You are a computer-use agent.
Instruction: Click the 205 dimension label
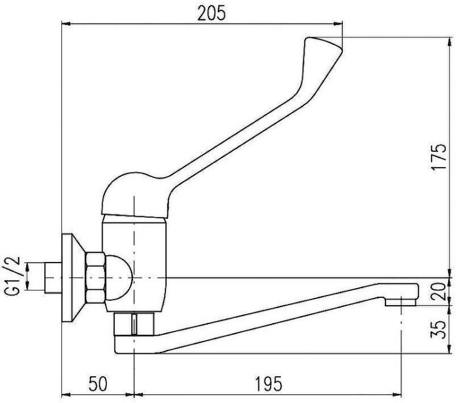(211, 13)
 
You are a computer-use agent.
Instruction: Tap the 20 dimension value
(439, 291)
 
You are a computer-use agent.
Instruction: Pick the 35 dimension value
(439, 329)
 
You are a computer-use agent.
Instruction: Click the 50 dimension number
(98, 384)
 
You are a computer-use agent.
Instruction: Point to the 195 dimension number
(268, 384)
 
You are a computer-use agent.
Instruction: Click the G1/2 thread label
(12, 275)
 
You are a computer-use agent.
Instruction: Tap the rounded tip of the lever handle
(323, 44)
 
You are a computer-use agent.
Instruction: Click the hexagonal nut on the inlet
(95, 278)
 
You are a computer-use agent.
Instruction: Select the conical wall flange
(73, 278)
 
